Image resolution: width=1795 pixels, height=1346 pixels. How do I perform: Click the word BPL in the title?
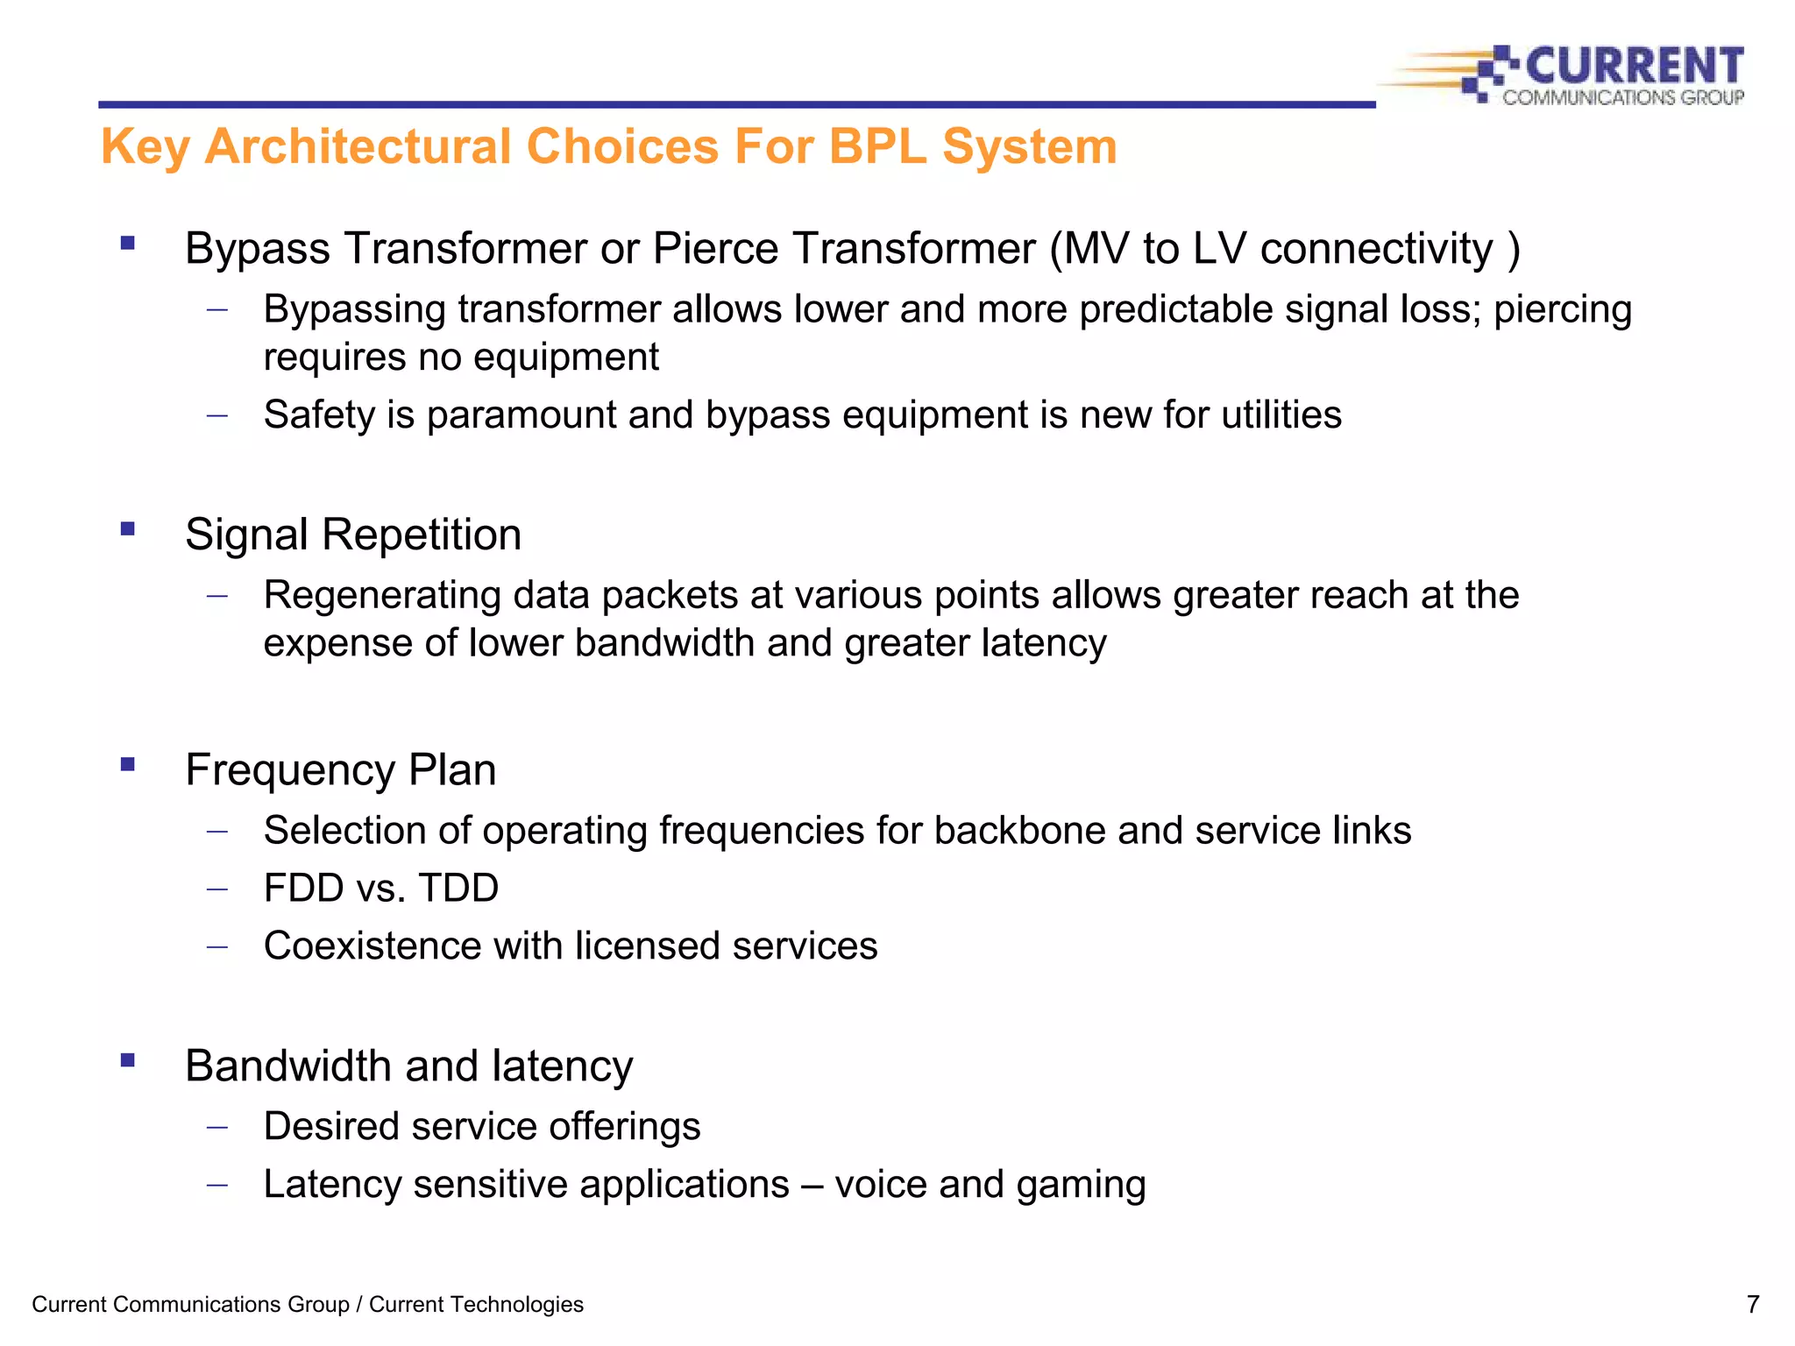coord(877,146)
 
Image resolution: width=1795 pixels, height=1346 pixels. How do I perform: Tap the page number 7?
coord(1752,1305)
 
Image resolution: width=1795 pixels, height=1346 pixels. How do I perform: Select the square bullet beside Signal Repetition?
coord(128,528)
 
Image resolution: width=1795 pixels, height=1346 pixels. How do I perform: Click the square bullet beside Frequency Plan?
coord(128,764)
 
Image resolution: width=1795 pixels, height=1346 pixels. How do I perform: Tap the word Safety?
coord(318,415)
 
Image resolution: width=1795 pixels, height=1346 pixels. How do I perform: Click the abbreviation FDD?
coord(304,889)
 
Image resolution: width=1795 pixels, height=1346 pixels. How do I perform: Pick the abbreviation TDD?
coord(458,889)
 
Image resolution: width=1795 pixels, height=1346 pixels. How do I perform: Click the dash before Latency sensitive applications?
coord(217,1185)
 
